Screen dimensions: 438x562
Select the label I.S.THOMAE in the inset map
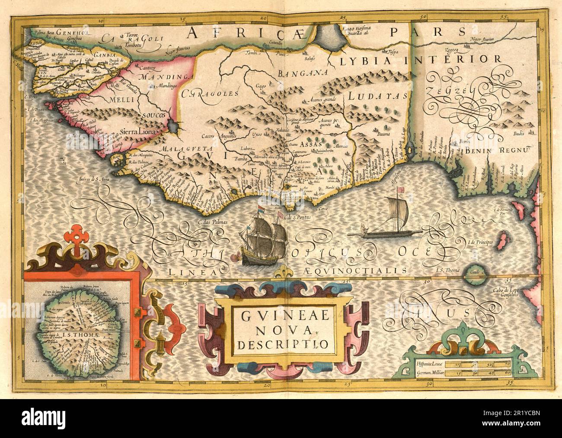(84, 334)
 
